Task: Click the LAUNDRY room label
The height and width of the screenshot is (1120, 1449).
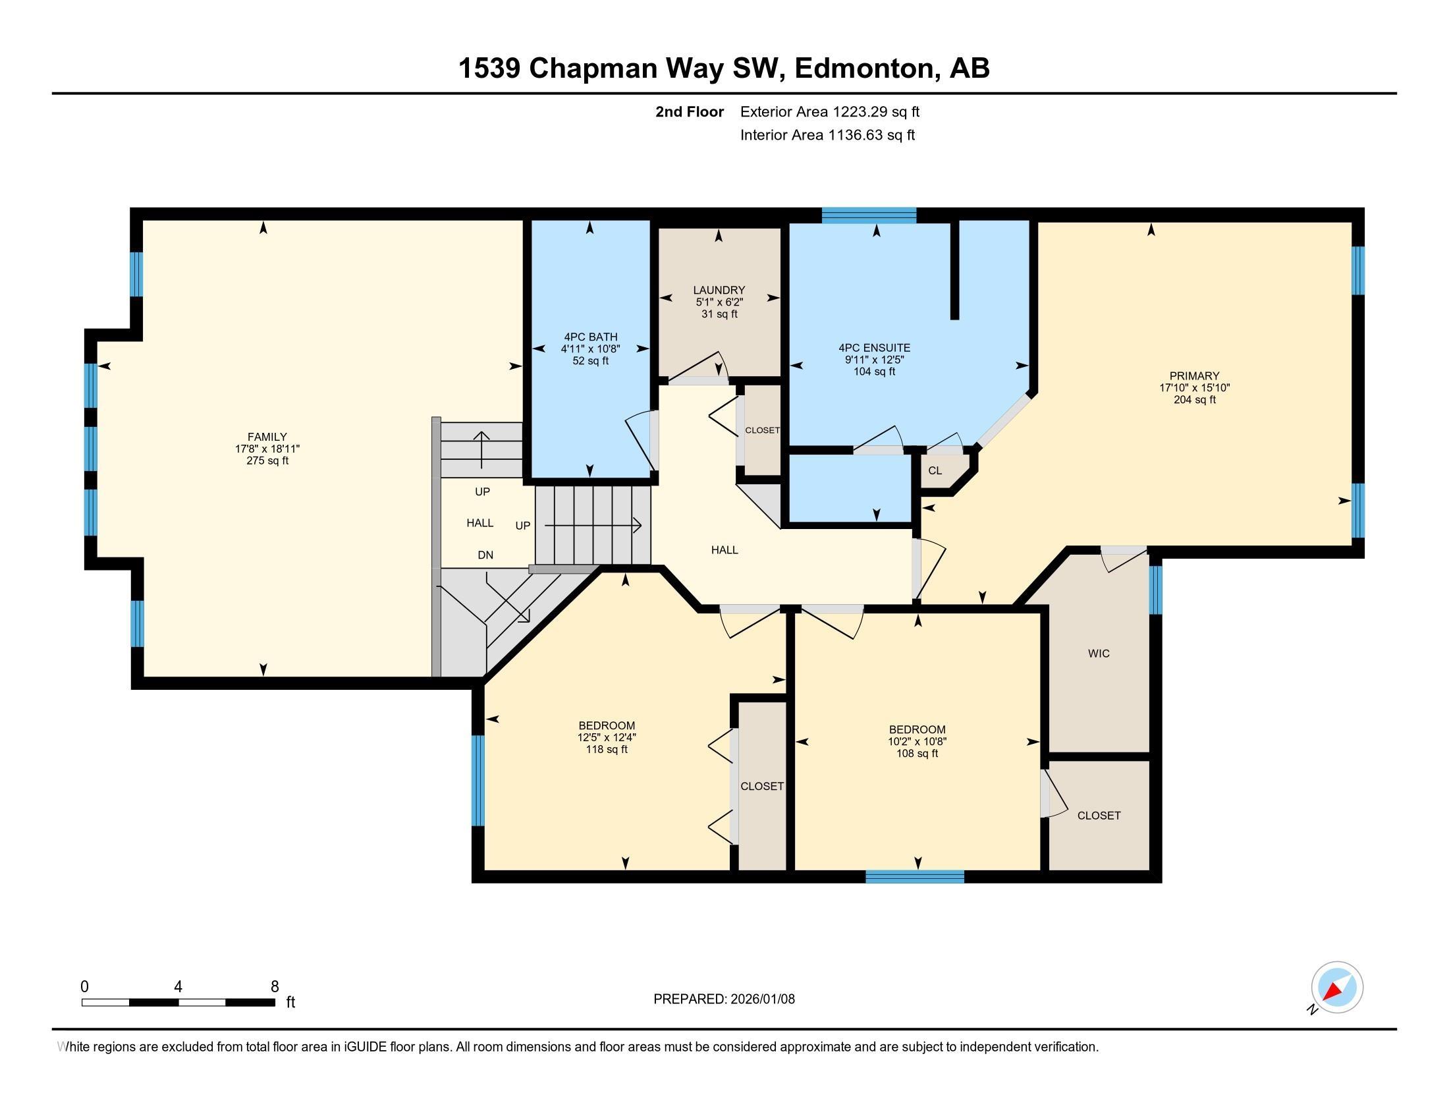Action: [719, 290]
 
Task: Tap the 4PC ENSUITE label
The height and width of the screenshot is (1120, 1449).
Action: [874, 348]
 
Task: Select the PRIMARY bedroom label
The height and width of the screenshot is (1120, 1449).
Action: [1193, 376]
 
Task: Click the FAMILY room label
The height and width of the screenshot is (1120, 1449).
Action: [267, 437]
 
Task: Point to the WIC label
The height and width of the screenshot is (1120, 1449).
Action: [1098, 654]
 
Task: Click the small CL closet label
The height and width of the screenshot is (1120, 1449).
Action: [934, 470]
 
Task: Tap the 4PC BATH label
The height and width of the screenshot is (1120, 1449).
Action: [590, 337]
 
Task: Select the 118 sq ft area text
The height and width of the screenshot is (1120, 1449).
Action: [606, 749]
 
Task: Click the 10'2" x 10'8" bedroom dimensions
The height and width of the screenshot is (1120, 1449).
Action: [917, 741]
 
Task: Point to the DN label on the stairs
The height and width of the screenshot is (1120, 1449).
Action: [485, 555]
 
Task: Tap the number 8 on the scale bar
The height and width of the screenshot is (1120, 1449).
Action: [275, 987]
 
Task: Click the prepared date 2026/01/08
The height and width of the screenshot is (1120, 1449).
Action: [761, 999]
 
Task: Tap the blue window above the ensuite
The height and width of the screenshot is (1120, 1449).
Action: [869, 214]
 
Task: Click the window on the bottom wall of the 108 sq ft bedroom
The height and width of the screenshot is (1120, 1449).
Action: [914, 876]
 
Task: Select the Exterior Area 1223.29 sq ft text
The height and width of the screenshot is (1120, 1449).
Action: [829, 111]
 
